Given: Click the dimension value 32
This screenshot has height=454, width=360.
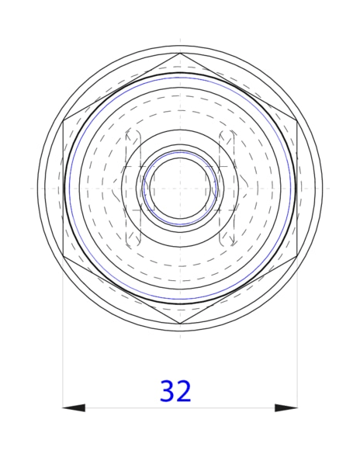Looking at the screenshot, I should (x=175, y=391).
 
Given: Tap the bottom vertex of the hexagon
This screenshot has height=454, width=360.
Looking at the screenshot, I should (x=180, y=324).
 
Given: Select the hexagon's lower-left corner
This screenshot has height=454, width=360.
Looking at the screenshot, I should (x=63, y=256).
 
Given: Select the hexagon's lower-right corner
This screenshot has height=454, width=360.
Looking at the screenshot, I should (x=298, y=256).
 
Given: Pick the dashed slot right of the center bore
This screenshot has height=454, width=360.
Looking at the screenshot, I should (x=228, y=188).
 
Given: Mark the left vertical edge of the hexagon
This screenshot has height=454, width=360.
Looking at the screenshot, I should (x=63, y=188).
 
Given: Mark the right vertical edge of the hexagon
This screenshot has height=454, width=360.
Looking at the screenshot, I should (x=298, y=188).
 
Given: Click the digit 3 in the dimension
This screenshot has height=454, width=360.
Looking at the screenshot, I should (x=167, y=391).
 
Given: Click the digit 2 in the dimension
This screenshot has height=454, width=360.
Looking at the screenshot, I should (x=185, y=391).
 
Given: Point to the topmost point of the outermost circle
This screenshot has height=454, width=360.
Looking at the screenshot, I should (x=180, y=46).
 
